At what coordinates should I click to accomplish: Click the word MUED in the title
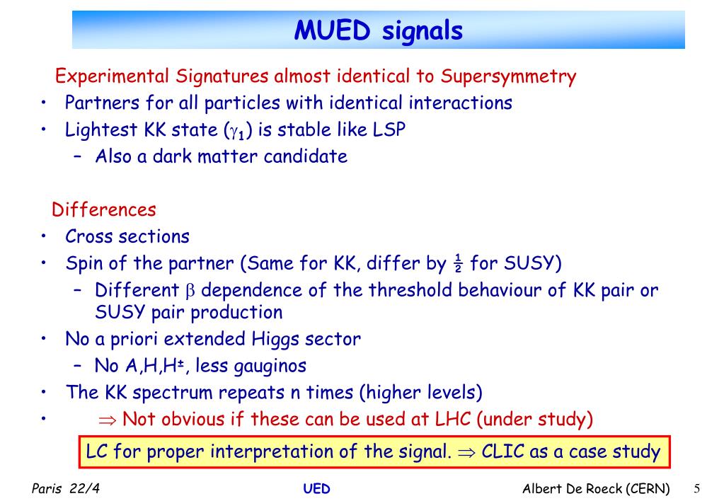pos(332,30)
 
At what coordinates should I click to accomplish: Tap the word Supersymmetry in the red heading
pos(508,76)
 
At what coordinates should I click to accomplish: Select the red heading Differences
pos(104,209)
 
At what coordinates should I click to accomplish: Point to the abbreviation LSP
pos(389,129)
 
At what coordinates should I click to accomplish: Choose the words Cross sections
pos(127,236)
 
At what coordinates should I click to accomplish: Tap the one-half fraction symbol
pos(458,263)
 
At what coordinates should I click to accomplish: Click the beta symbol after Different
pos(190,292)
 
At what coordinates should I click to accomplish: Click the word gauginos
pos(270,367)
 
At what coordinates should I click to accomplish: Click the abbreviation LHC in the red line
pos(453,420)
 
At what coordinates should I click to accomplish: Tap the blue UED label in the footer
pos(317,488)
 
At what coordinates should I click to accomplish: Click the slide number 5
pos(697,488)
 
